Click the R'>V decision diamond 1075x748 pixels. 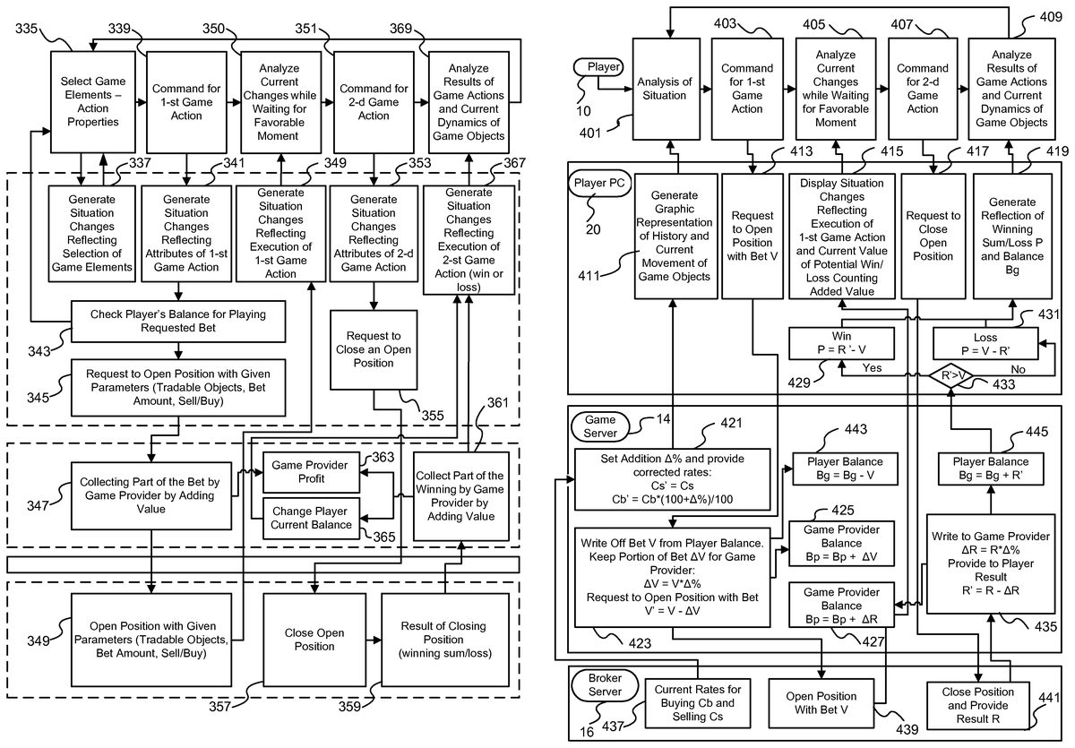click(x=950, y=375)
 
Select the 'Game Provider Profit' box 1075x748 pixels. click(x=311, y=472)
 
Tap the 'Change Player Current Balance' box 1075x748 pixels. click(x=311, y=518)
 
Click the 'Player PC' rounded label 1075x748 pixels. click(x=599, y=183)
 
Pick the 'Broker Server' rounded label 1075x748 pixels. click(x=605, y=684)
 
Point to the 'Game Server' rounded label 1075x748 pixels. click(x=600, y=426)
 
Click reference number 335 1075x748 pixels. click(x=26, y=29)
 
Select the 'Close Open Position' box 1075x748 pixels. click(x=314, y=640)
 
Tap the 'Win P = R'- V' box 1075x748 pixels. click(x=841, y=343)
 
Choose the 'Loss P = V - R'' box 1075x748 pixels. click(x=985, y=344)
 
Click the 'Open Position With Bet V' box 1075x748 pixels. click(x=821, y=703)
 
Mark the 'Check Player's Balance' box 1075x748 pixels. click(x=178, y=321)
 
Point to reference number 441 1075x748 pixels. click(x=1048, y=697)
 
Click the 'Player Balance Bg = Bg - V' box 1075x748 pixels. click(x=845, y=469)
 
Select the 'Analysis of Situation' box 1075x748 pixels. click(x=666, y=89)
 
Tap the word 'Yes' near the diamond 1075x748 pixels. click(x=872, y=368)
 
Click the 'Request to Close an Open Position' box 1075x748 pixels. click(x=374, y=349)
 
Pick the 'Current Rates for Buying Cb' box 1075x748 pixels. click(x=697, y=703)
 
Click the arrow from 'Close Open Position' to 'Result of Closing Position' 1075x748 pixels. click(x=374, y=640)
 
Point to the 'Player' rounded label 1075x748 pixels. click(x=599, y=66)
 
